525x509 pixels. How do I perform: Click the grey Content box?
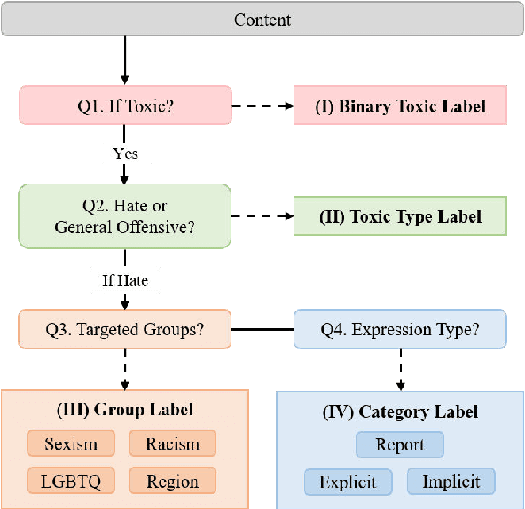[x=262, y=20]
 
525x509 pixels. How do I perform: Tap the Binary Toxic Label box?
[x=401, y=106]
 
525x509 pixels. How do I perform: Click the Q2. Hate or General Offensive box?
[x=125, y=216]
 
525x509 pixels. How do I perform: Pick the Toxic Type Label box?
[x=401, y=216]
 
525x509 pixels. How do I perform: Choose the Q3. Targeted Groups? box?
[x=125, y=329]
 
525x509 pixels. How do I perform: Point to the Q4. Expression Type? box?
[x=401, y=329]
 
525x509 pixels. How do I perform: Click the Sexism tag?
[x=71, y=443]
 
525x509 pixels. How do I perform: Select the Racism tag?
[x=173, y=443]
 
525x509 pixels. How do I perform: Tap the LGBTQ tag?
[x=71, y=482]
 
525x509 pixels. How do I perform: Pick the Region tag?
[x=173, y=482]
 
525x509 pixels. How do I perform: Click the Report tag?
[x=400, y=444]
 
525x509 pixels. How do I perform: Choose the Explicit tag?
[x=348, y=482]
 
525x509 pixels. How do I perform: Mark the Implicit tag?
[x=451, y=482]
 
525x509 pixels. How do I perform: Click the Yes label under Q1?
[x=125, y=153]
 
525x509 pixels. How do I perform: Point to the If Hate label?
[x=125, y=280]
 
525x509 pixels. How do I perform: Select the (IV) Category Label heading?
[x=401, y=411]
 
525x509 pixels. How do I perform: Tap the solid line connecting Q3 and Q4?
[x=263, y=329]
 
